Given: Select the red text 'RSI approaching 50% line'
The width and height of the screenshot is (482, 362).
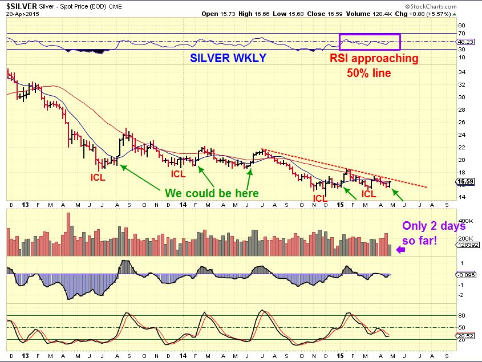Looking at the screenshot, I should click(375, 65).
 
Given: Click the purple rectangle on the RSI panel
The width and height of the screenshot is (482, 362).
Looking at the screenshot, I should click(370, 42).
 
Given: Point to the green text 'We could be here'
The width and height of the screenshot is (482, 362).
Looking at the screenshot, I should click(212, 193).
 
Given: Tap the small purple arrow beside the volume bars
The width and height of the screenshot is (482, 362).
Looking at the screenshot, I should click(401, 249).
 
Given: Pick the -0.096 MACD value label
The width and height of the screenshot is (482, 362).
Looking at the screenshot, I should click(467, 274).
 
